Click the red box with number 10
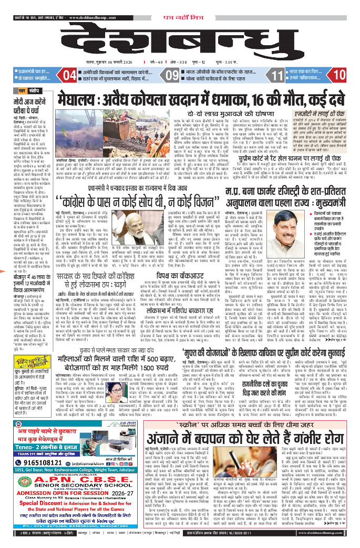(x=338, y=75)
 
